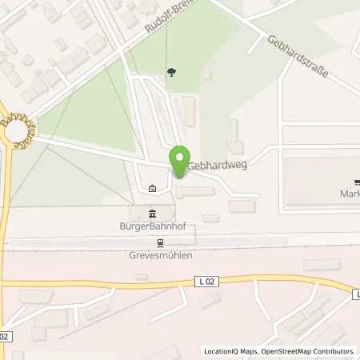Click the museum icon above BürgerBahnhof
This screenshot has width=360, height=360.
coord(152,212)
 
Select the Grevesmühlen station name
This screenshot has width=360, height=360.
coord(161,257)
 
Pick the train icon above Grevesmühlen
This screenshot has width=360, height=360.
coord(161,243)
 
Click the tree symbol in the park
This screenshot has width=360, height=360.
coord(172,73)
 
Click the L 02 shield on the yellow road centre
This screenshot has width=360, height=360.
coord(206,281)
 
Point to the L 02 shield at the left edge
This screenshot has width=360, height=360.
coord(4,337)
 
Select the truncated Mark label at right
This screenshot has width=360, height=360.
coord(350,193)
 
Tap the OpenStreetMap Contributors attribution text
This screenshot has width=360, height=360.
coord(310,350)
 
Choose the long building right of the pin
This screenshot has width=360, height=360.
coord(195,191)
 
